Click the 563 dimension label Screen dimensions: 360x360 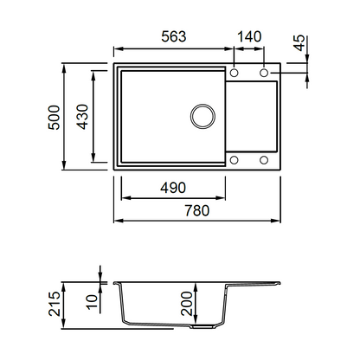point(174,36)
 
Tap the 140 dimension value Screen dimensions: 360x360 point(249,36)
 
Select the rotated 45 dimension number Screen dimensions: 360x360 point(299,43)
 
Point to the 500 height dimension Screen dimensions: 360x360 point(55,118)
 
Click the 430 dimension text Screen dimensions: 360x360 point(82,117)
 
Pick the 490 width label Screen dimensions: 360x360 point(173,188)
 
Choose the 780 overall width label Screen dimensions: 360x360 point(197,210)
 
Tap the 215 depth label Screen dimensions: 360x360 point(55,304)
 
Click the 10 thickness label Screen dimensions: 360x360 point(93,302)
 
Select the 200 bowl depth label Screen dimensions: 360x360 point(186,303)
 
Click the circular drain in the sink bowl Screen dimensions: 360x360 point(202,116)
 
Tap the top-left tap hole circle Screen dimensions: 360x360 point(234,73)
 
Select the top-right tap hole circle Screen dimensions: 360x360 point(264,73)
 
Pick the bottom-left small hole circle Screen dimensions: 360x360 point(234,160)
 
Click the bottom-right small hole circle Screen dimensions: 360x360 point(264,160)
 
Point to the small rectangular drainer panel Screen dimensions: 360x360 point(251,116)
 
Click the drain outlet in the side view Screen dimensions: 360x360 point(202,327)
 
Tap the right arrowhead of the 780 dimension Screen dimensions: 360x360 point(275,221)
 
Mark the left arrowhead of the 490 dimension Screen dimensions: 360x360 point(126,198)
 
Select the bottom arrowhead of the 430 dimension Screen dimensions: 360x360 point(93,157)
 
